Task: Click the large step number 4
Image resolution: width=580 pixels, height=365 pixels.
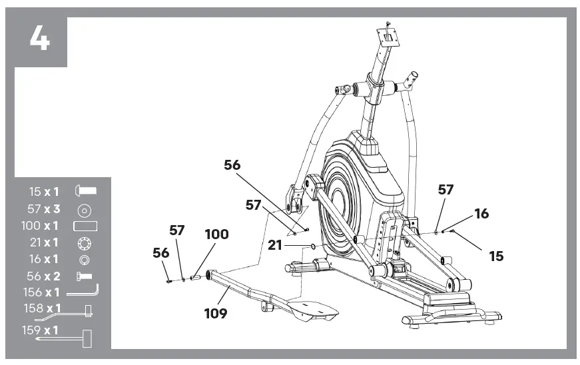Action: coord(39,38)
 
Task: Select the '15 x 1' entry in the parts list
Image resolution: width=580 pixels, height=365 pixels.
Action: coord(44,191)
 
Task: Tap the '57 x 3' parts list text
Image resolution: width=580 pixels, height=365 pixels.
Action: coord(44,209)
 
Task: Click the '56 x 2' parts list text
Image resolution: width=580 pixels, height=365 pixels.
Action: coord(44,276)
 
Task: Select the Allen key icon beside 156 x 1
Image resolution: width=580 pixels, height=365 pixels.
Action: coord(83,291)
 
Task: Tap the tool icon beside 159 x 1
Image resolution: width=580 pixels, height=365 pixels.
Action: coord(85,338)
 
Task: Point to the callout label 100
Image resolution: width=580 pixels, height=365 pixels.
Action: coord(216,234)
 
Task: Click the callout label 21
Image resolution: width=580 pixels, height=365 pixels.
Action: coord(275,245)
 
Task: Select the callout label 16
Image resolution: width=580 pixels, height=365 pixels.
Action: coord(481,214)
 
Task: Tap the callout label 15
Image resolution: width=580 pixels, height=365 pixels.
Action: coord(495,256)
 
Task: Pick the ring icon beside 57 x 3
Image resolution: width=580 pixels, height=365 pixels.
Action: coord(85,210)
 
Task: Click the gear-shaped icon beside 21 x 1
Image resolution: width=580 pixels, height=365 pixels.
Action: coord(85,243)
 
